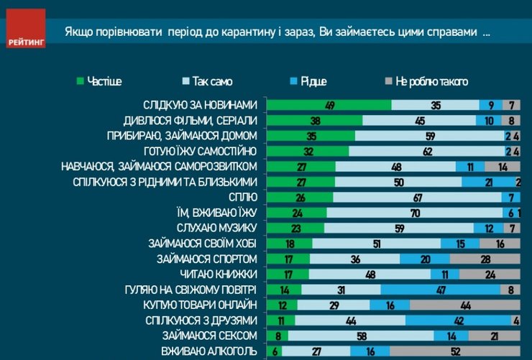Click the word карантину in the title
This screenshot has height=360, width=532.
coord(264,34)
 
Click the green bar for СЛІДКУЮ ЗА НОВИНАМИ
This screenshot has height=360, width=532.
coord(329,105)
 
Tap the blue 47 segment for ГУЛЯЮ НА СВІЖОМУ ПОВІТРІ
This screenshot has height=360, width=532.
coord(441,290)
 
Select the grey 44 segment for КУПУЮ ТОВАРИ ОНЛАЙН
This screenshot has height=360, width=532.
coord(464,305)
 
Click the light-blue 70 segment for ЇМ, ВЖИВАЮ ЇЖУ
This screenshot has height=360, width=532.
coord(415,212)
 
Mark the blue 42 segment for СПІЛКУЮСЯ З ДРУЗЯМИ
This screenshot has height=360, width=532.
coord(458,320)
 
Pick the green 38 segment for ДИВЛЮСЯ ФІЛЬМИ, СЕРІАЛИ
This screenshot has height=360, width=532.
coord(314,120)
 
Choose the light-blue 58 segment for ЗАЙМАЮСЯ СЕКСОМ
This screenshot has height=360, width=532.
coord(361,336)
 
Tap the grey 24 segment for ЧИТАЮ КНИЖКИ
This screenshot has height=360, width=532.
coord(490,274)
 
